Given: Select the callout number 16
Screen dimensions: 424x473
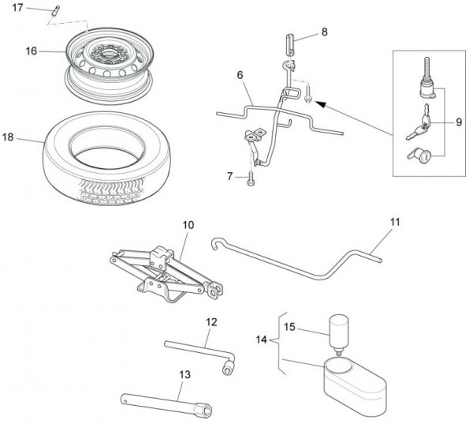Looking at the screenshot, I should click(31, 51).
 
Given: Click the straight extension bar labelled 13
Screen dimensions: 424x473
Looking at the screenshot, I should click(166, 403).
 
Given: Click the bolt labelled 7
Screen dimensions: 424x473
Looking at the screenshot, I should click(251, 178).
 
